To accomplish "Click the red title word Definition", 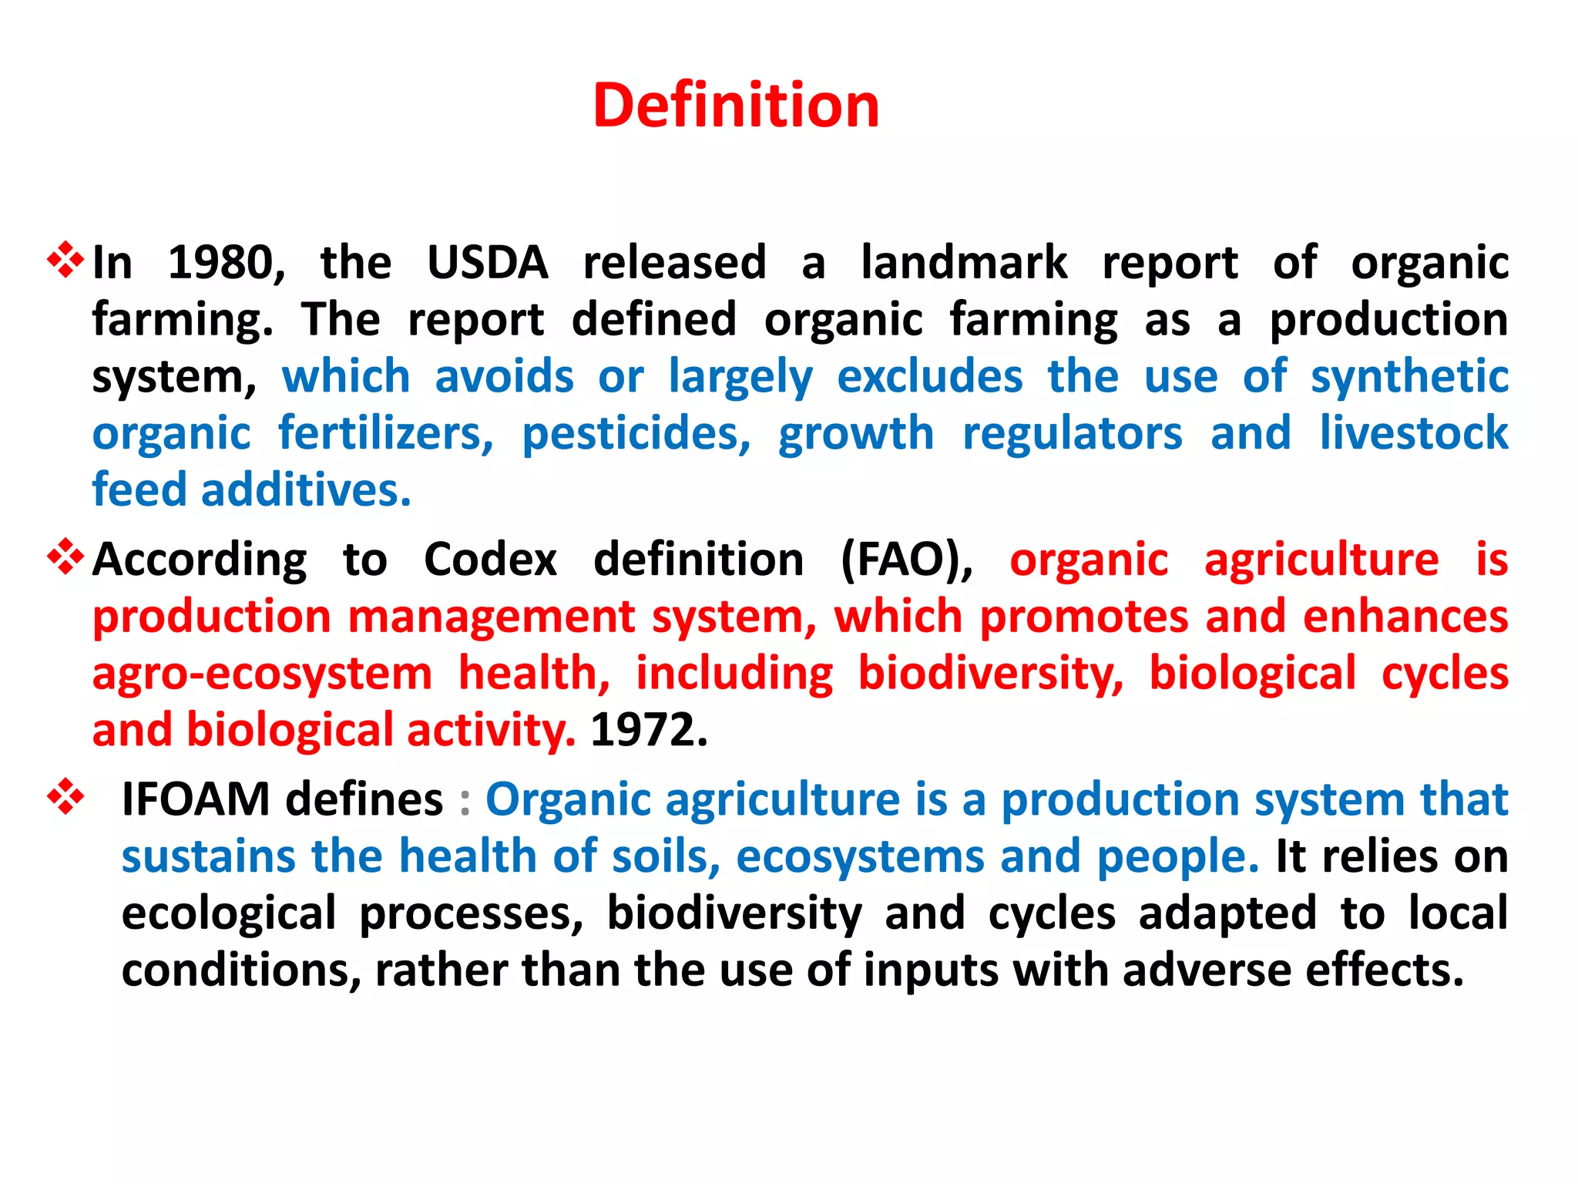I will [736, 106].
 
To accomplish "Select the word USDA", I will [487, 263].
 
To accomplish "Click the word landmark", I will [964, 263].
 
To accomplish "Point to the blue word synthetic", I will [1409, 378].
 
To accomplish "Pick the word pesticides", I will [636, 434].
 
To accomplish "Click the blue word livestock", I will [1413, 432].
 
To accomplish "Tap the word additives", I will [306, 490].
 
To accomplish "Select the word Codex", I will [490, 560].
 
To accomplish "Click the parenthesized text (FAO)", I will [906, 560].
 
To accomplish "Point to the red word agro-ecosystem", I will [262, 674].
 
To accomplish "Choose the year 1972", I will [648, 731].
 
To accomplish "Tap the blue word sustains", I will [208, 856].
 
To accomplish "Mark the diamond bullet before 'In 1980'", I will [65, 260].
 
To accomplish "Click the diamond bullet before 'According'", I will [65, 557].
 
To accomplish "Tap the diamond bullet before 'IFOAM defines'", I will [65, 796].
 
